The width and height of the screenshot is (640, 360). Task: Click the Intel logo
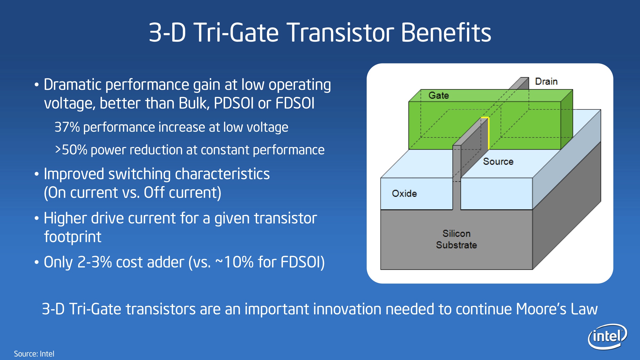coord(607,336)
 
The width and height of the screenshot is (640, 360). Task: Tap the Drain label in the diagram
coord(546,81)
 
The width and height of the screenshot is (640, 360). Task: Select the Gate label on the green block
coord(439,95)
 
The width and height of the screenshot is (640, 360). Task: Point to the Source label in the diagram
coord(498,161)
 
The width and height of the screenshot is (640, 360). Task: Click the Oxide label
coord(404,193)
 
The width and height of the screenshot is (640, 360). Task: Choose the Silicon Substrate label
coord(457,239)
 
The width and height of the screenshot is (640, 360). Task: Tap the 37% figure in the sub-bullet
coord(67,127)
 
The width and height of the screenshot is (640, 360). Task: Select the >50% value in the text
coord(71,150)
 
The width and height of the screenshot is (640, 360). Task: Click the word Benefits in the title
coord(446,32)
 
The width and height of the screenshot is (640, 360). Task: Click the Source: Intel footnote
coord(34,354)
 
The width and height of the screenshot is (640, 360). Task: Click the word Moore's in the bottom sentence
coord(541,309)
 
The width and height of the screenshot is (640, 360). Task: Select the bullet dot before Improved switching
coord(37,174)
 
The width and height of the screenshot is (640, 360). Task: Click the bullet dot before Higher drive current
coord(37,218)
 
